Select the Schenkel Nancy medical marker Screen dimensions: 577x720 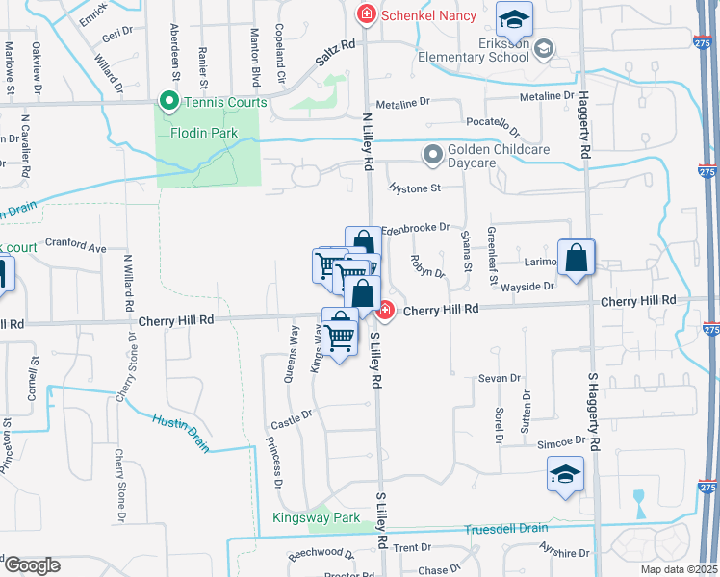point(366,14)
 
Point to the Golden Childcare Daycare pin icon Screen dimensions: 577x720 point(432,153)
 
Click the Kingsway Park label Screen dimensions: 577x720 point(316,519)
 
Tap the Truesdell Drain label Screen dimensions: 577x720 point(506,529)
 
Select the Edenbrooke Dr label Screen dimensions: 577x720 point(416,228)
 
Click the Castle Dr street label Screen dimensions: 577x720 point(293,414)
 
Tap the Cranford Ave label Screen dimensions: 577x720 point(75,248)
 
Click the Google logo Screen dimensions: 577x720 point(31,565)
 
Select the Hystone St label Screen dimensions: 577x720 point(414,188)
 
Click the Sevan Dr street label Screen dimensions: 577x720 point(499,379)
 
